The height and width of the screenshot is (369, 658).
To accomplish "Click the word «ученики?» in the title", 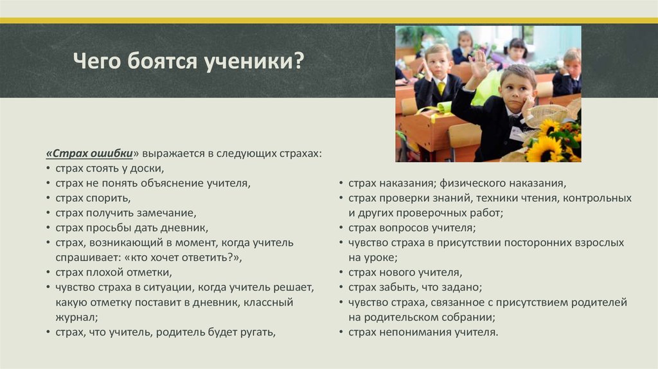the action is (254, 61).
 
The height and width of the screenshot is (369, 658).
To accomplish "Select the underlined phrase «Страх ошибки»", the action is (89, 154).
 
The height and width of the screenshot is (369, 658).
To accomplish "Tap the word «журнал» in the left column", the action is (75, 318).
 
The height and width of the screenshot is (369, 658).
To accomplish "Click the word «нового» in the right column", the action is (396, 273).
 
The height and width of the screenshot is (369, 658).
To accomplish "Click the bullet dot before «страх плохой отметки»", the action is (48, 273).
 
